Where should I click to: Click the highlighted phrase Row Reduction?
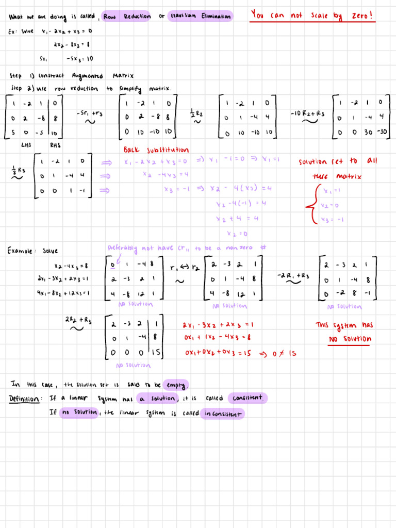pyautogui.click(x=127, y=16)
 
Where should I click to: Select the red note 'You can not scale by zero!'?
pyautogui.click(x=312, y=15)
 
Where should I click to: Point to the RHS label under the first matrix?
pyautogui.click(x=55, y=145)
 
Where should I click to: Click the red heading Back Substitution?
pyautogui.click(x=156, y=150)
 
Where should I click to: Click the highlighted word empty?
pyautogui.click(x=175, y=385)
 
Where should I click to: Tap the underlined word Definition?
pyautogui.click(x=24, y=399)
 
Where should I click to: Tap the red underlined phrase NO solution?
pyautogui.click(x=351, y=339)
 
